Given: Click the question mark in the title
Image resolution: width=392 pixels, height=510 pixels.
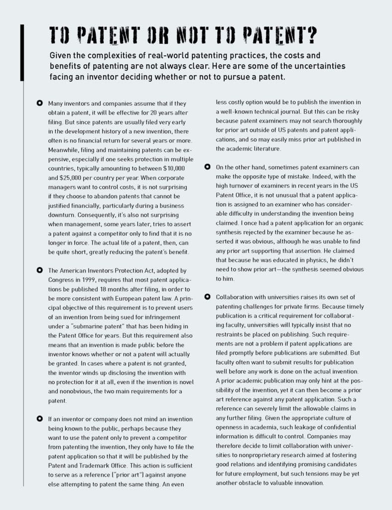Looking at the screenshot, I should coord(310,36).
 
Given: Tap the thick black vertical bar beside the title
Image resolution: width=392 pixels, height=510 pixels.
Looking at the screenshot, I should coord(22,52).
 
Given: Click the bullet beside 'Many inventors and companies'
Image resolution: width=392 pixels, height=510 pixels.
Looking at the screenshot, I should coord(39,103).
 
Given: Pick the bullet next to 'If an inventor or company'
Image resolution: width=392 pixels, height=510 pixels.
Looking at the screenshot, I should coord(39,418).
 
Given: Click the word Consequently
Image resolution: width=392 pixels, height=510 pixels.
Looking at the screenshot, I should coord(70,215).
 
